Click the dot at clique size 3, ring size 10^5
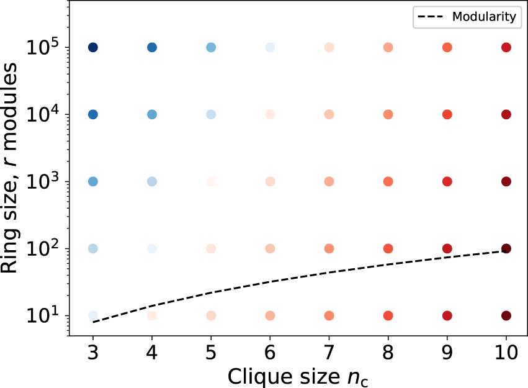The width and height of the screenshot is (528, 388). point(93,47)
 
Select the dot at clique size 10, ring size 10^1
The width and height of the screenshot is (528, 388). point(506,315)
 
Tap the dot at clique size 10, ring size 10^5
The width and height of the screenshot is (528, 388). point(506,47)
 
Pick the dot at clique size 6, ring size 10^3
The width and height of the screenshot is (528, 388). point(270,181)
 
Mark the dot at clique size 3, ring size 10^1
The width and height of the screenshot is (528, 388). point(93,315)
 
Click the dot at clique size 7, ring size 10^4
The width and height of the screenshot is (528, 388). point(329,114)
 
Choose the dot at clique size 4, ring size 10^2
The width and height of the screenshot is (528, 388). point(152,248)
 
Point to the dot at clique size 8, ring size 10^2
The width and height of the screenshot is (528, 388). point(388,248)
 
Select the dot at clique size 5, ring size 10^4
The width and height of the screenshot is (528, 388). point(211,114)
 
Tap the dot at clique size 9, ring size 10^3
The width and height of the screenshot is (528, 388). point(447,181)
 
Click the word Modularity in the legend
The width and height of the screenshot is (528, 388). point(486,17)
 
